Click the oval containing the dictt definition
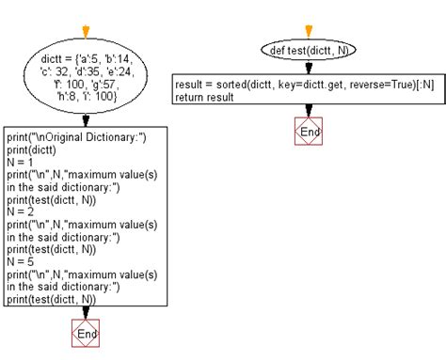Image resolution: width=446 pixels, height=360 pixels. (x=86, y=81)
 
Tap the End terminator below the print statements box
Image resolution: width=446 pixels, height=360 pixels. (x=86, y=333)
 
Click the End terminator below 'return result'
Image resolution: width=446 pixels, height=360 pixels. (x=308, y=133)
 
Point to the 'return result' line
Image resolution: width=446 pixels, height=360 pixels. (x=204, y=97)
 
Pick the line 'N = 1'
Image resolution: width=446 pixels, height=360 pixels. (x=20, y=162)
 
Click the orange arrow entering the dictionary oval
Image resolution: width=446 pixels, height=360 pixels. (x=86, y=32)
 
